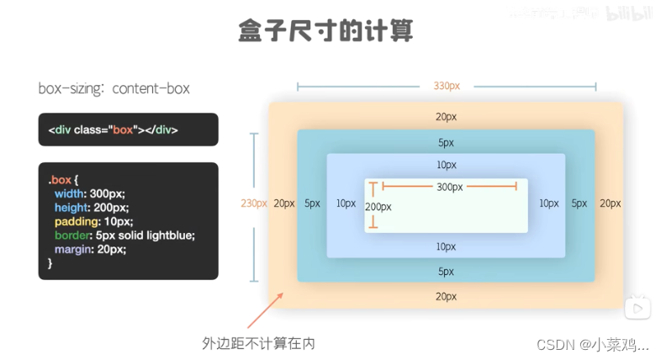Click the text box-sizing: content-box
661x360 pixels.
(x=114, y=88)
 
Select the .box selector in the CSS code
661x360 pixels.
(x=61, y=180)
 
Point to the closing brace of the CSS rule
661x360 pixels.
(x=50, y=263)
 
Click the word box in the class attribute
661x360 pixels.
(x=124, y=130)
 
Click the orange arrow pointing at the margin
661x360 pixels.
(x=267, y=310)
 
